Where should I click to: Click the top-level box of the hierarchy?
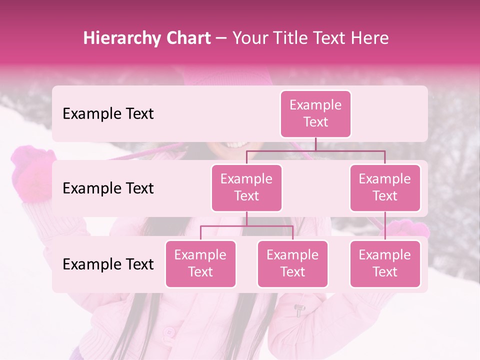(315, 113)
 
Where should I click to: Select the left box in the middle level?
(246, 187)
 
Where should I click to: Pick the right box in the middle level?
(385, 187)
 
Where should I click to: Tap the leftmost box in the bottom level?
(200, 263)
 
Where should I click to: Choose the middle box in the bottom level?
(292, 263)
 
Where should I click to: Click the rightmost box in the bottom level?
(385, 263)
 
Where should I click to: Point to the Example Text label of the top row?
(108, 114)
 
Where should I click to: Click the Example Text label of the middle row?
(108, 188)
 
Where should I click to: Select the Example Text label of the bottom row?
(108, 264)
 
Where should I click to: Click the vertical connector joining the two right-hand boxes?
(385, 226)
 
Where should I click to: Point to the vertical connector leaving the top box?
(315, 144)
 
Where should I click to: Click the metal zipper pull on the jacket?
(298, 310)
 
